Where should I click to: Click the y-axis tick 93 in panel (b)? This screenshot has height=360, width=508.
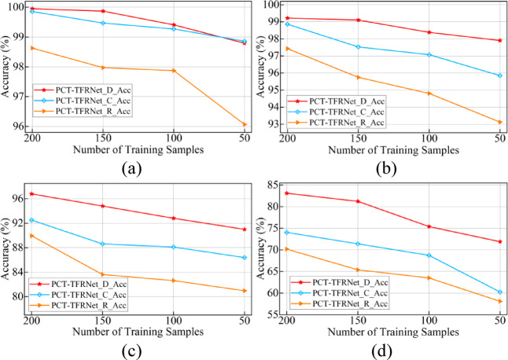tap(271, 124)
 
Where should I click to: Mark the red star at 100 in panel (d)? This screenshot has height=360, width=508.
tap(429, 226)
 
